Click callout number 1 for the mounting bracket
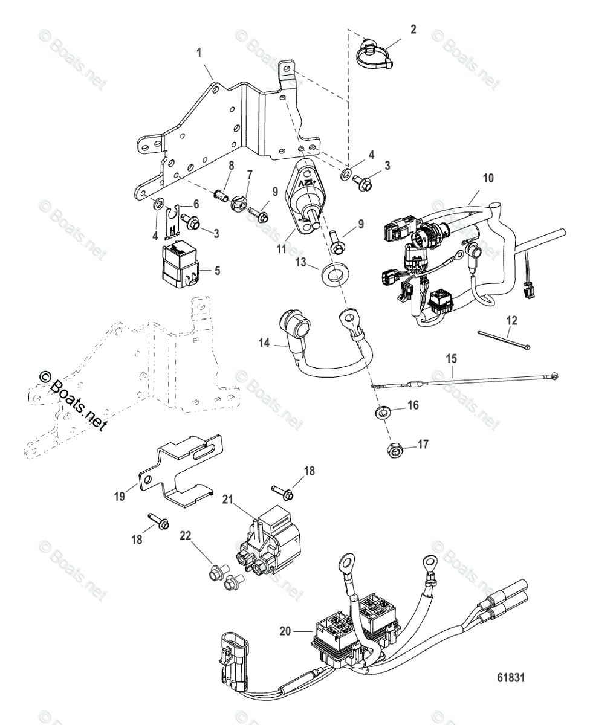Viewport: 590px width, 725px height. (x=199, y=53)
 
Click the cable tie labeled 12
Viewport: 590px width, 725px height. (x=504, y=340)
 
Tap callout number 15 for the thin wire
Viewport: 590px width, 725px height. (x=452, y=358)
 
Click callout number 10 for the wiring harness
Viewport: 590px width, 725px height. (x=488, y=178)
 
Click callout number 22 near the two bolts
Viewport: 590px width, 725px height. (x=184, y=535)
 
